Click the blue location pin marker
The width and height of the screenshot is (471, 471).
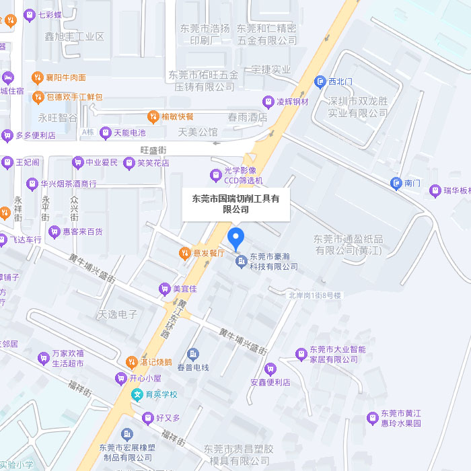[235, 238]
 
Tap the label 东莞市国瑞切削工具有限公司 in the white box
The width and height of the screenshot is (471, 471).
[235, 204]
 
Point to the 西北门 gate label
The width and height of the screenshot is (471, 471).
[340, 81]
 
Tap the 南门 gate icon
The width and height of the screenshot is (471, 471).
[397, 182]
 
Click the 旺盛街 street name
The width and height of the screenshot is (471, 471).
[153, 149]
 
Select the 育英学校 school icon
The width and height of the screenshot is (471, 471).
[137, 394]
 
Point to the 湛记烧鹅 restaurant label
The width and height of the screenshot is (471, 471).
[156, 362]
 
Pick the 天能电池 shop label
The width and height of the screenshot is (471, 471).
[129, 133]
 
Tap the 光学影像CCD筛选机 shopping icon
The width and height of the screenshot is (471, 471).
[216, 175]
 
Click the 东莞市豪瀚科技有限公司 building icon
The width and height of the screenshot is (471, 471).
[241, 261]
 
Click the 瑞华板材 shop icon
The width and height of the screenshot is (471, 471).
[435, 190]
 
